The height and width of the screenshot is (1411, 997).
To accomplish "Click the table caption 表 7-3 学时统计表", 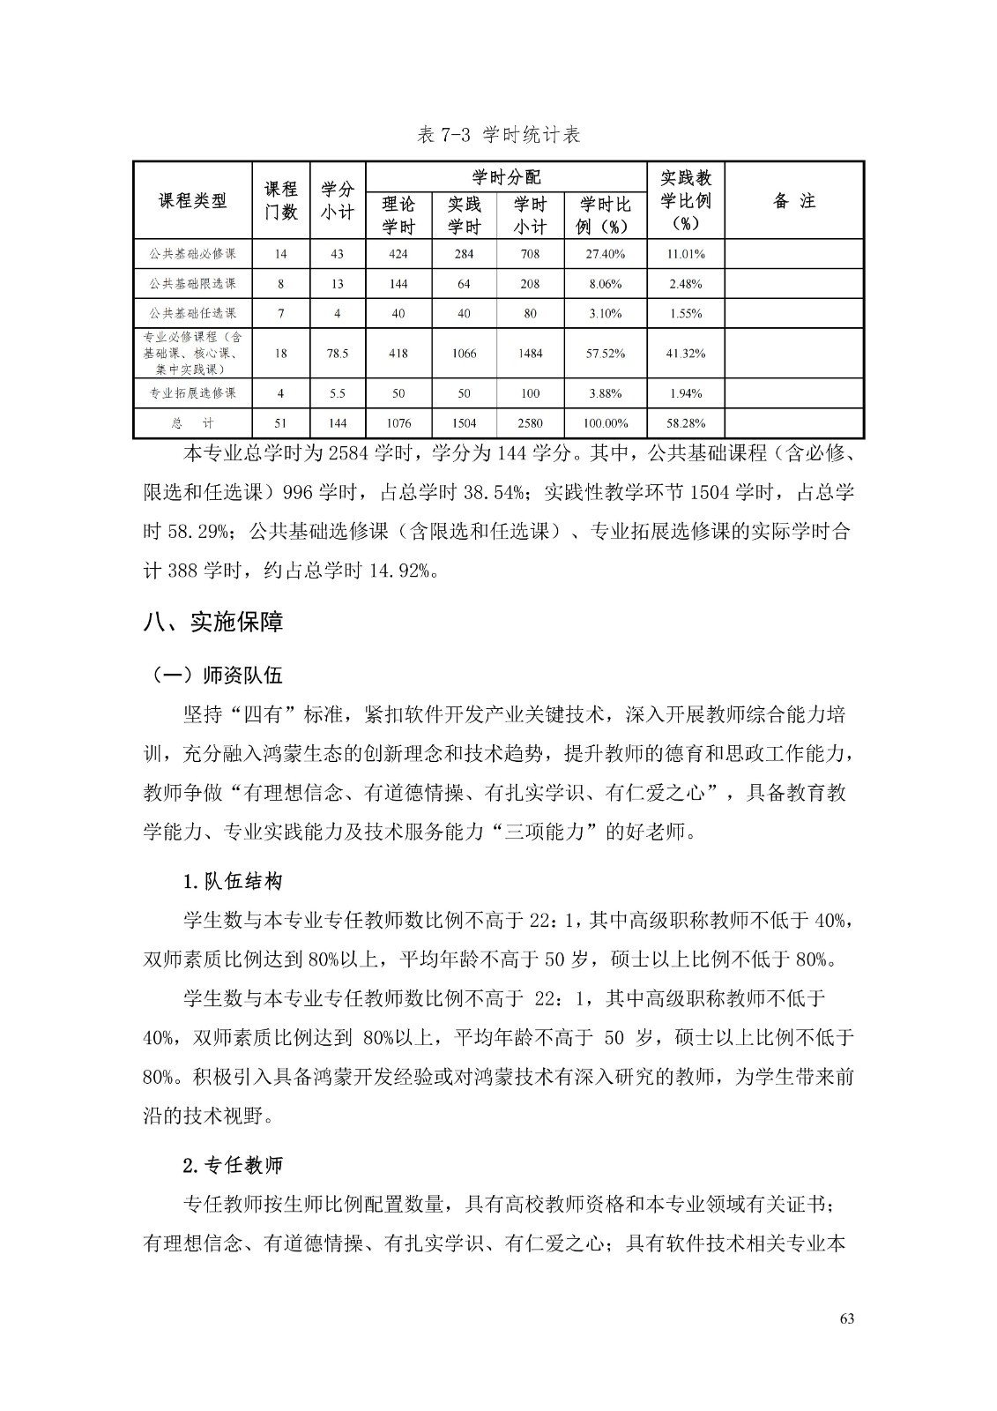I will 499,136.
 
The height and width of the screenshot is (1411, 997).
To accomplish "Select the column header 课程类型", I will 192,201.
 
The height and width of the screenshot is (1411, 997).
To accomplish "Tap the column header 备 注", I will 793,201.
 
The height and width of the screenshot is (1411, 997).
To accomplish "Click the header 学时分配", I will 507,176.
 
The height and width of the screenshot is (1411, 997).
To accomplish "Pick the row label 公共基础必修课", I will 192,254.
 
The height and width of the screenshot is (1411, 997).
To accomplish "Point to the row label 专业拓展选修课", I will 192,393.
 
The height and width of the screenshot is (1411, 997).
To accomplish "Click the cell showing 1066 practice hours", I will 464,354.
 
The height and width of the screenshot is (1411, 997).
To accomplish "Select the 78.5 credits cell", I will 337,354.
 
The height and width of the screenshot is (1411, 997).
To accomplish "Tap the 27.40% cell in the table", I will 605,254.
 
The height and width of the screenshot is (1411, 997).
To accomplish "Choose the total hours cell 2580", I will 530,423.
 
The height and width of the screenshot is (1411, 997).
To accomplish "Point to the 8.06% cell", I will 605,284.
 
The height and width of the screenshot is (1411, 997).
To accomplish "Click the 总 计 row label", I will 192,423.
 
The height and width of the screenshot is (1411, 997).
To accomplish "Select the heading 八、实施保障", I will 213,622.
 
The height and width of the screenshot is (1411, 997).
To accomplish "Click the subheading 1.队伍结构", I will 232,881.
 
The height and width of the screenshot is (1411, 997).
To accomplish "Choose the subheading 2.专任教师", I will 232,1165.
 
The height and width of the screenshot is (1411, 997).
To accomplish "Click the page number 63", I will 847,1318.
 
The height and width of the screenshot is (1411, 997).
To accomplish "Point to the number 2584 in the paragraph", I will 346,455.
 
